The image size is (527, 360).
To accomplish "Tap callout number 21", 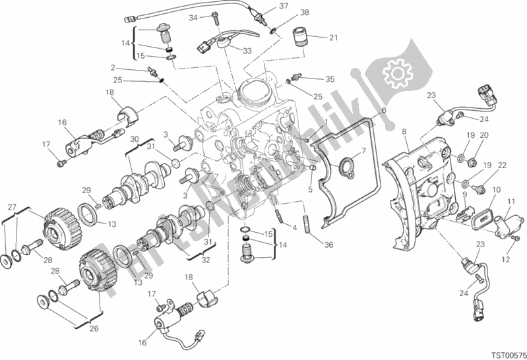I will coord(333,37).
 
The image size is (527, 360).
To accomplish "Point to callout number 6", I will coord(382,111).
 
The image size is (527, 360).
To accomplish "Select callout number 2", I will coord(113,67).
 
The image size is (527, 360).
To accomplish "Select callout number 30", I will coord(134,139).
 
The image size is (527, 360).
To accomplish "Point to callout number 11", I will coord(511,201).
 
